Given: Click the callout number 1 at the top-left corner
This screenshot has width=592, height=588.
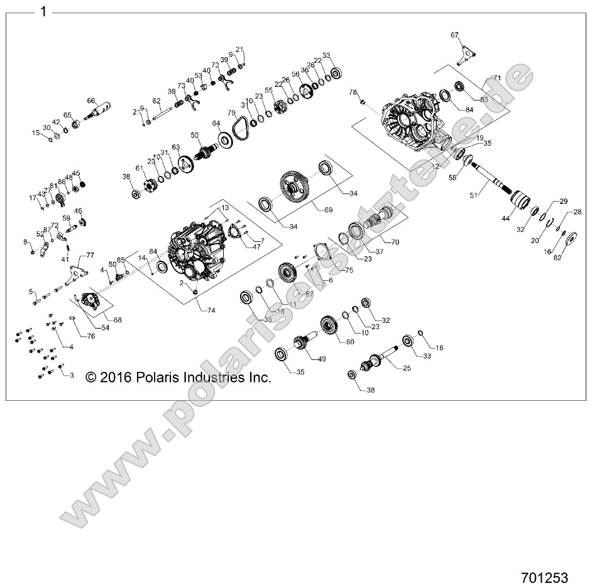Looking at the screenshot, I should coord(42,11).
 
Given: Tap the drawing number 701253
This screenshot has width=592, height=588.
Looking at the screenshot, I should coord(544,577).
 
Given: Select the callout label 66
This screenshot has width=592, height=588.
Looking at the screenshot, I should coord(90,101).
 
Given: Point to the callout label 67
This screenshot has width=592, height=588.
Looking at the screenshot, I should coord(454,35).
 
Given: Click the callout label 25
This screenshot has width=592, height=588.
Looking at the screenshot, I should coord(407,368).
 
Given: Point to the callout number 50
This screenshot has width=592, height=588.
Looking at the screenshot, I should coord(195,134).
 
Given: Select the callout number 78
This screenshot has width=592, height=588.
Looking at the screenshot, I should coord(353,92).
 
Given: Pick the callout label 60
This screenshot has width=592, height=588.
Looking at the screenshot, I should coord(349,341).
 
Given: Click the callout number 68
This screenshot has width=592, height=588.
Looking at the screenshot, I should coord(118,320).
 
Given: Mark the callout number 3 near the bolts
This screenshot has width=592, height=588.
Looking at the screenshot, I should coord(72,375).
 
